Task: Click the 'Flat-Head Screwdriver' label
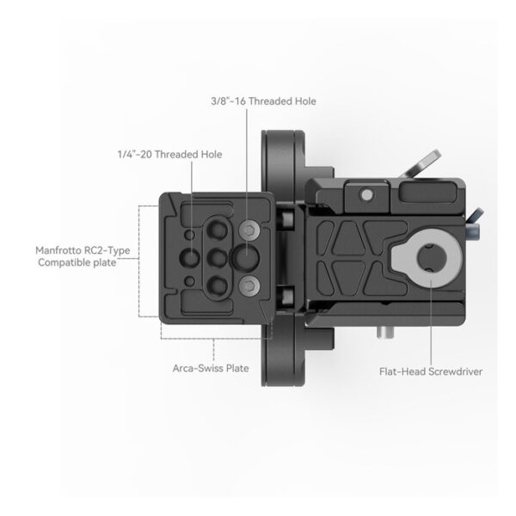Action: tap(430, 372)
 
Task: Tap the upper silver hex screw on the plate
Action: tap(249, 230)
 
